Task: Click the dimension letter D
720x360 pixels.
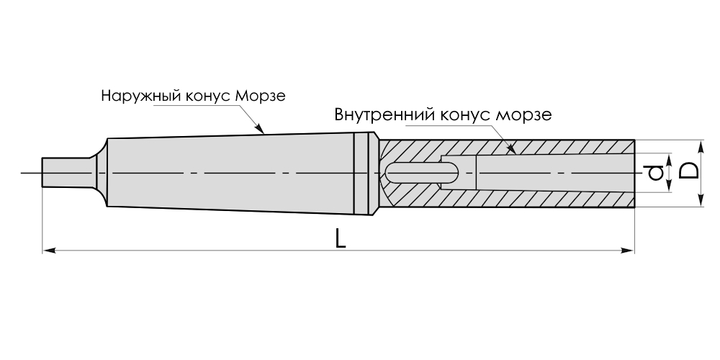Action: pyautogui.click(x=689, y=171)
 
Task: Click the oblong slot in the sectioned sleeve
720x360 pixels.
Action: pyautogui.click(x=421, y=173)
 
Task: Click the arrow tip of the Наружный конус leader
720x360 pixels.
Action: pyautogui.click(x=264, y=132)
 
